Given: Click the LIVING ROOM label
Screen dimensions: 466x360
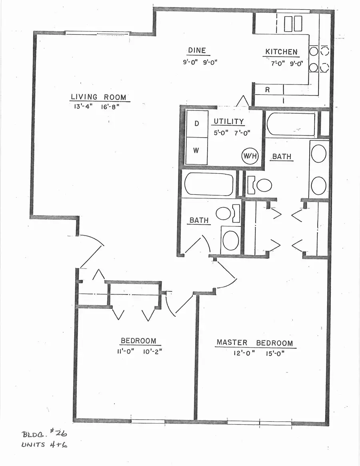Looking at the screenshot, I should coord(98,97).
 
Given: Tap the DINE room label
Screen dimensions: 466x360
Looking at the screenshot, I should coord(197,50).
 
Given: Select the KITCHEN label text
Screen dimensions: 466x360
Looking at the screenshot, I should coord(281,52).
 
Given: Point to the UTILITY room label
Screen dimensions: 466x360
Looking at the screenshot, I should coord(228,121).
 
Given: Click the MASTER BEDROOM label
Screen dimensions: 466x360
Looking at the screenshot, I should coord(254,343).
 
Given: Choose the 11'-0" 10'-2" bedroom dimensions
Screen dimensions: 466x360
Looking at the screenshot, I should coord(138,352).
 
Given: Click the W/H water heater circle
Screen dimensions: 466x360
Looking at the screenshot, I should coord(249,156).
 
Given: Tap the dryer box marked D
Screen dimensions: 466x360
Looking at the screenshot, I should coord(197,123).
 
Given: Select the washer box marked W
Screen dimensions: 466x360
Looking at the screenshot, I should coord(197,150).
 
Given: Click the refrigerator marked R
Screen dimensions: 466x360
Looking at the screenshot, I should coord(268,90).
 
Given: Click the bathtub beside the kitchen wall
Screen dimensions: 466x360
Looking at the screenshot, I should coord(290,124).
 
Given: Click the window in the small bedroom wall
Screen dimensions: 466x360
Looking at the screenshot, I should coord(148,421).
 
